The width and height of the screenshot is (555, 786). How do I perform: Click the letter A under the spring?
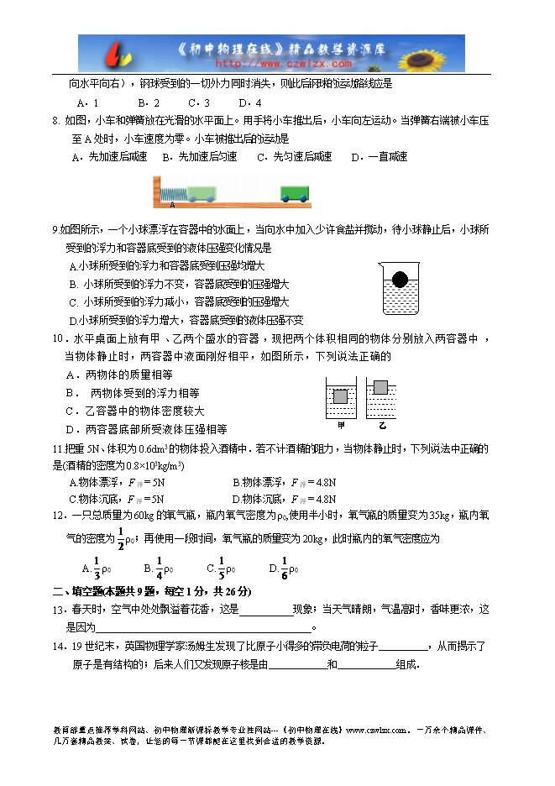point(172,205)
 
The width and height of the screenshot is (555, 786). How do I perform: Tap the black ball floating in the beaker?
point(401,278)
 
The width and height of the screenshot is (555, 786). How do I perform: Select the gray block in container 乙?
point(381,388)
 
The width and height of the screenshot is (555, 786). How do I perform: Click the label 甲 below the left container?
point(341,426)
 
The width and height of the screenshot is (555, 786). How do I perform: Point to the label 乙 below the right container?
point(381,426)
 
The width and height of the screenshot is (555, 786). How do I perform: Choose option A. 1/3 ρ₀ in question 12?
point(91,568)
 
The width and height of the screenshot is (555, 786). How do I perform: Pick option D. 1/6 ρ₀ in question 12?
point(279,568)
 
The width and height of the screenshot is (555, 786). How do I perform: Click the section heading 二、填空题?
point(80,591)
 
